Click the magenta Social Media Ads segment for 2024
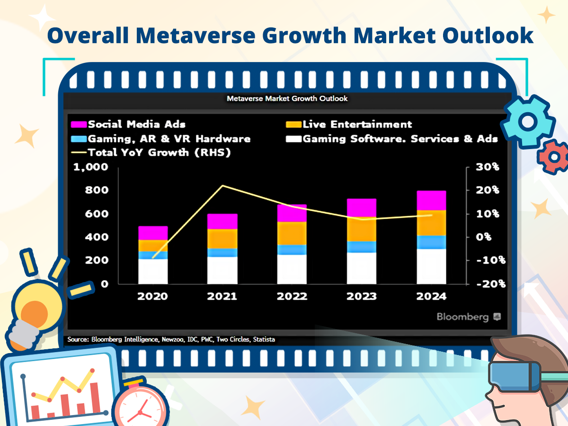coord(431,200)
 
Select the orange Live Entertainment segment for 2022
coord(292,233)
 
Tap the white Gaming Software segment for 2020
coord(153,271)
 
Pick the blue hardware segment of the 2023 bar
coord(362,247)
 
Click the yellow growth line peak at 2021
coord(223,186)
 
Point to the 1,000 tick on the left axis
coord(90,167)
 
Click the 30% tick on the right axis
coord(488,167)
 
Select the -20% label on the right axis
coord(491,284)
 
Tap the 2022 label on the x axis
coord(292,296)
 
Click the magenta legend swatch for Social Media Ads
coord(79,124)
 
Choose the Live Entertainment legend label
coord(357,124)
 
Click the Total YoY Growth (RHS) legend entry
coord(151,152)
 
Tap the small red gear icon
coord(554,157)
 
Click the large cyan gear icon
coord(528,122)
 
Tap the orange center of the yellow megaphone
coord(35,314)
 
